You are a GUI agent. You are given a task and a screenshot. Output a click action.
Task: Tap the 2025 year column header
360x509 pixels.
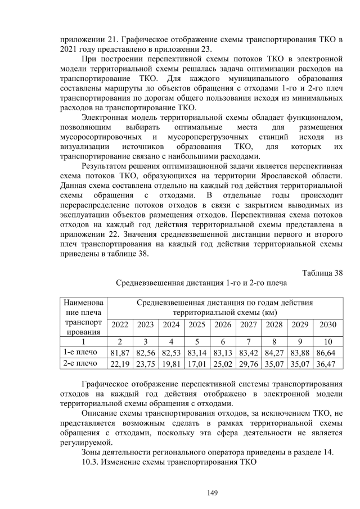pos(196,325)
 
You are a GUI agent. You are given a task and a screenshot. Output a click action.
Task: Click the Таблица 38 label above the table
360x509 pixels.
pos(322,273)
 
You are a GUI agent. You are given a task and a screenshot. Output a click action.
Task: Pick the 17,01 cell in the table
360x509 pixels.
pos(196,364)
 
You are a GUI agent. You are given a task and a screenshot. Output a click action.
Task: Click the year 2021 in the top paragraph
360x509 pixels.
pos(69,48)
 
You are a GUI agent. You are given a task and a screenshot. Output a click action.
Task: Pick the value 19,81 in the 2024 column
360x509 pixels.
pos(170,364)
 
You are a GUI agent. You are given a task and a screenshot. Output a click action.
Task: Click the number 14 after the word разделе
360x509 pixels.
pos(327,452)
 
